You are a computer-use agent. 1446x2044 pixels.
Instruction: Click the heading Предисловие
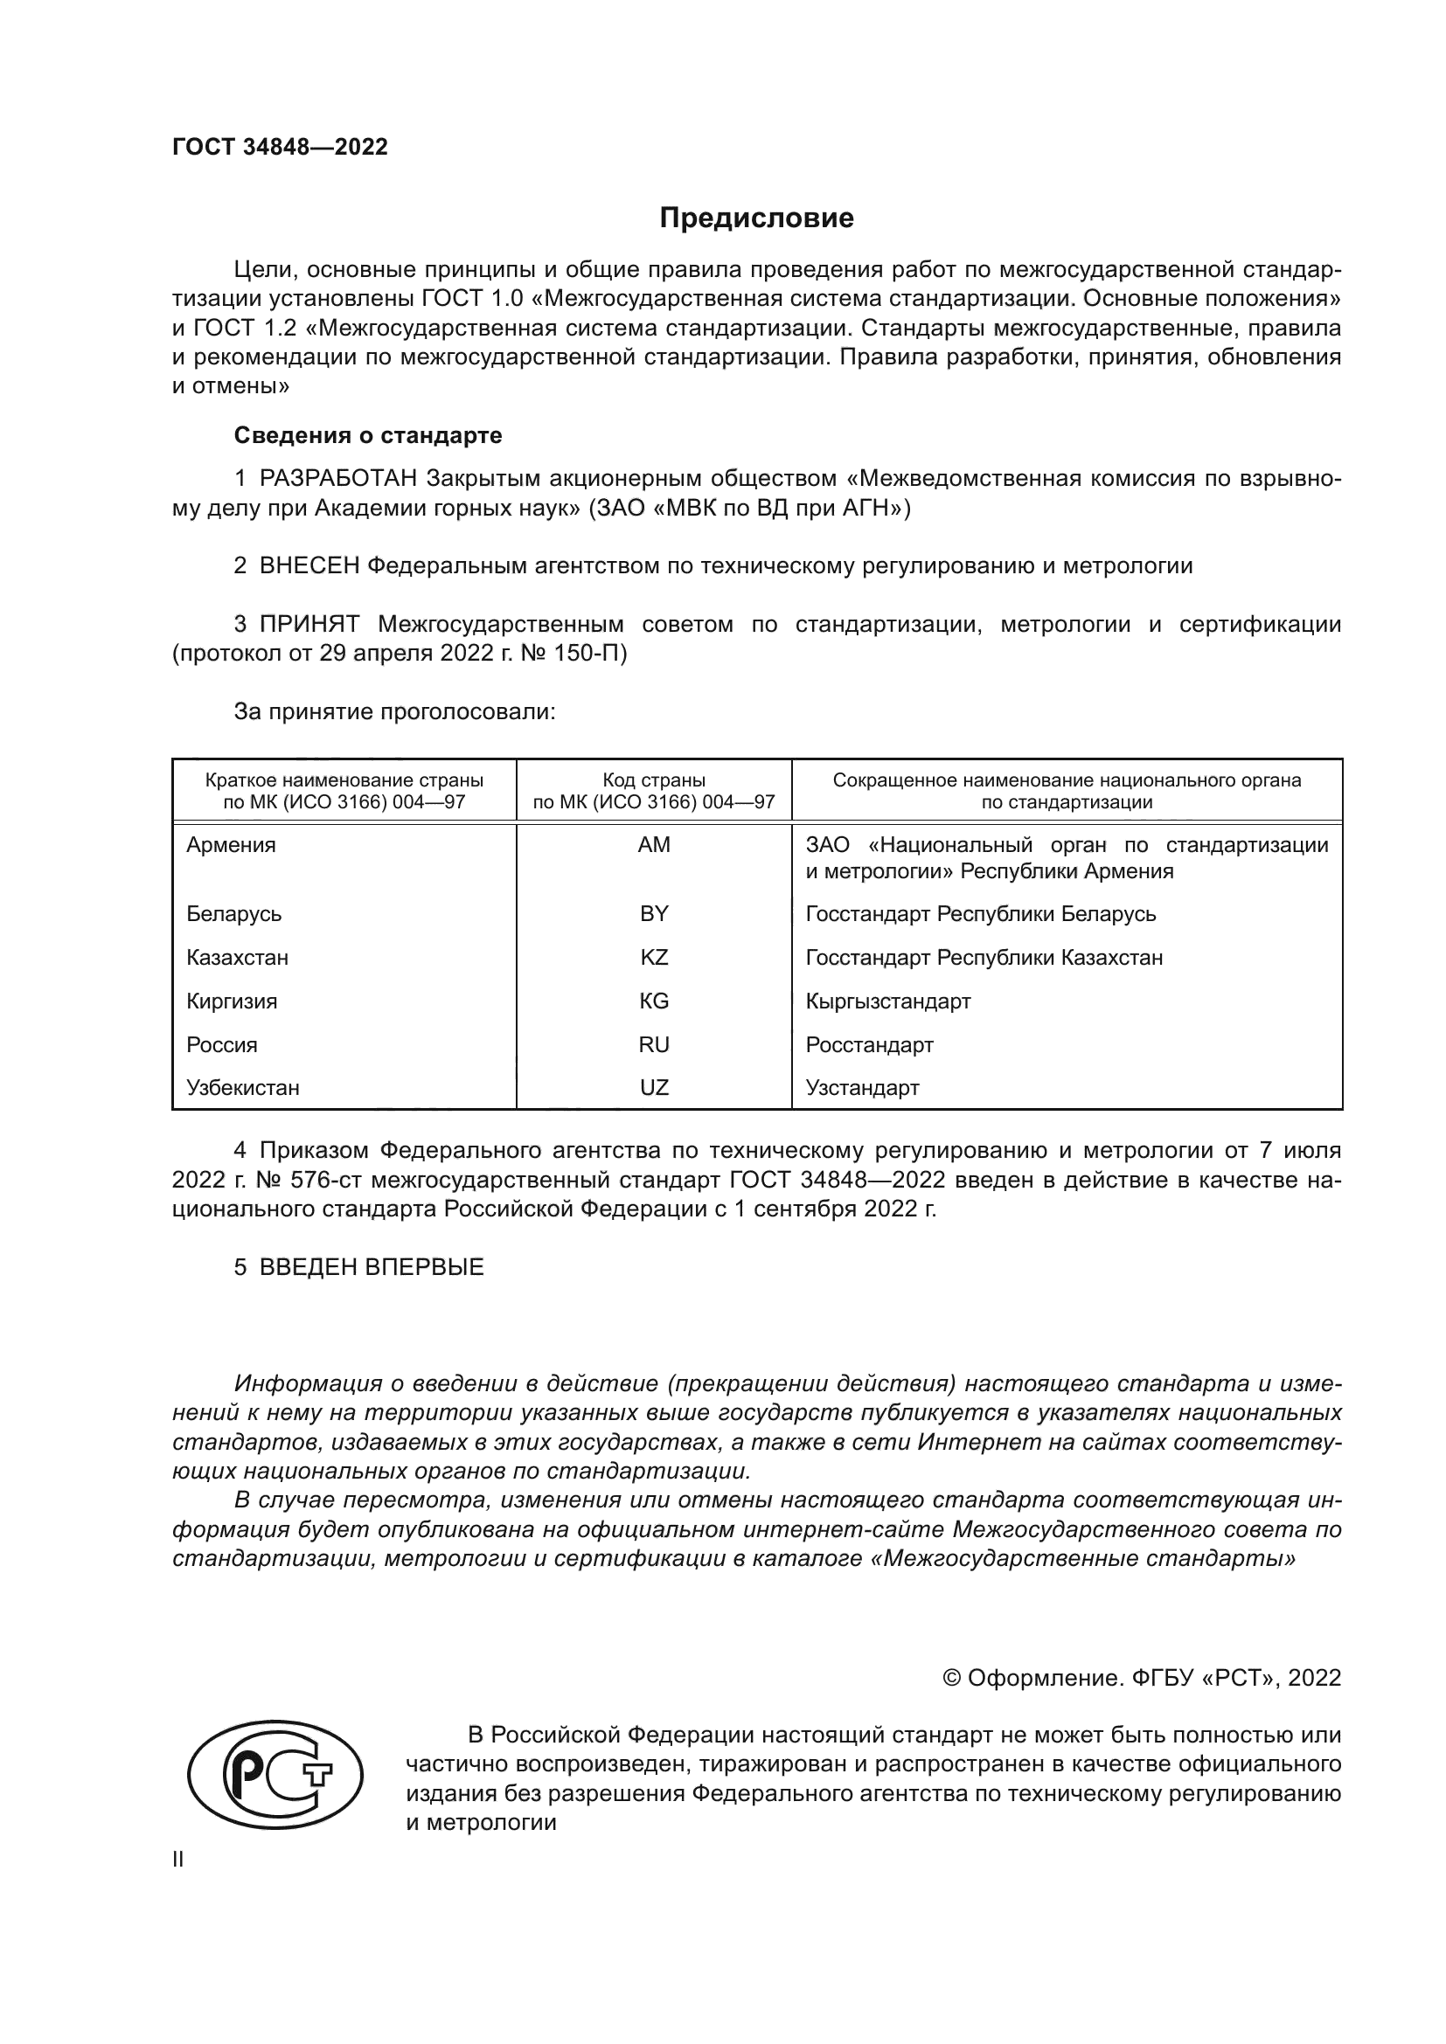[756, 218]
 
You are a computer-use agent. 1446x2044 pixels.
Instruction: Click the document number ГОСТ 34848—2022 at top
[280, 147]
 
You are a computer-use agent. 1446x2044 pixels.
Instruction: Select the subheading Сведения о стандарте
[368, 435]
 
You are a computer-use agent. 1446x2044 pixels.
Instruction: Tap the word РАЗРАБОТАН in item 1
[338, 479]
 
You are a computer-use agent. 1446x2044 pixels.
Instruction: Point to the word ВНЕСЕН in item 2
[309, 565]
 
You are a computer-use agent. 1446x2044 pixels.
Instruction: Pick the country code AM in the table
[654, 845]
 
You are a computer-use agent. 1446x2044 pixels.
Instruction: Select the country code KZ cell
[654, 958]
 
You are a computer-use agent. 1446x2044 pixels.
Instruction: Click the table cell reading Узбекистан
[242, 1088]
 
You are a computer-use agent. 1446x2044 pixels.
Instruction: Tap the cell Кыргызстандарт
[887, 1001]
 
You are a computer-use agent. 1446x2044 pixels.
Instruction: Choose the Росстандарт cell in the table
[869, 1045]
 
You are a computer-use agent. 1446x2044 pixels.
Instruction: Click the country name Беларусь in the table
[233, 914]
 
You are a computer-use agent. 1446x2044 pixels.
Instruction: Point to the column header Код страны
[654, 780]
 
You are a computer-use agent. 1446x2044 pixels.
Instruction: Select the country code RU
[654, 1045]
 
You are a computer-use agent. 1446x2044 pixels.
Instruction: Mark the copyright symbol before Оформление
[951, 1679]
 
